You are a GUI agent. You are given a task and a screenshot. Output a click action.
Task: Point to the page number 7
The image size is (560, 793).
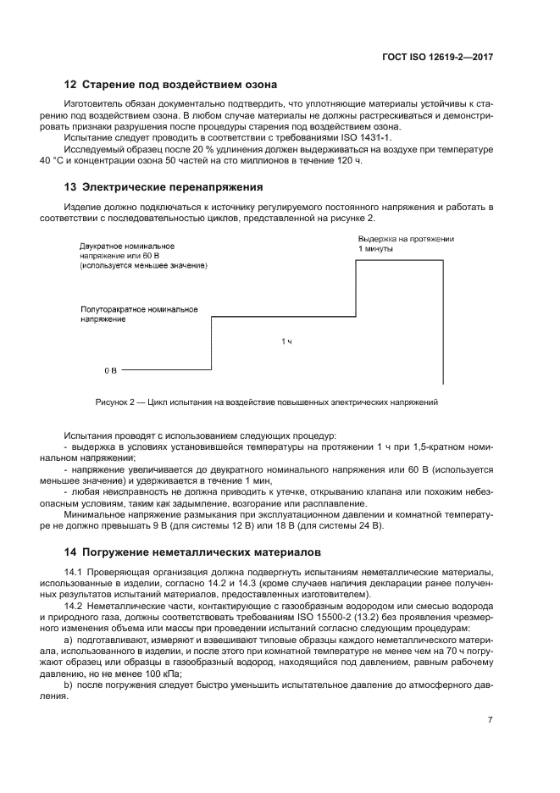tap(491, 720)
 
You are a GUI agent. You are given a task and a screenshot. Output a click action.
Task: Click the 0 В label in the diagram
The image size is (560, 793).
tap(110, 371)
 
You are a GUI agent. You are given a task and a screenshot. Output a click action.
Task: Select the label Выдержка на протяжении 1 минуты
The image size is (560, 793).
tap(406, 245)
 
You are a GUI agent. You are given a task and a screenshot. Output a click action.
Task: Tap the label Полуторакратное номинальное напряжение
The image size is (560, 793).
tap(139, 314)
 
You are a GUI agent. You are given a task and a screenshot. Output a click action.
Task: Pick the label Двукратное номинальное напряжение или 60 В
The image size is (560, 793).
tap(127, 250)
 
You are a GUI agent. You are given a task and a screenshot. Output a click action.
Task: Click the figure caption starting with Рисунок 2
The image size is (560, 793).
tap(266, 402)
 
